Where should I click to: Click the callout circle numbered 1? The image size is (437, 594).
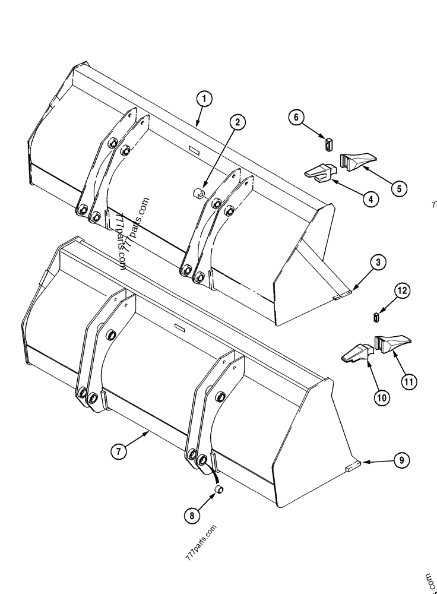pyautogui.click(x=203, y=99)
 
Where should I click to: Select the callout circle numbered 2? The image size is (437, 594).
pyautogui.click(x=237, y=122)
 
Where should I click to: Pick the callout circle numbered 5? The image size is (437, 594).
pyautogui.click(x=398, y=188)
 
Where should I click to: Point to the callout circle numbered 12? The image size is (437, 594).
pyautogui.click(x=403, y=290)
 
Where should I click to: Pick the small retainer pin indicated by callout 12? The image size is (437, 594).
pyautogui.click(x=376, y=316)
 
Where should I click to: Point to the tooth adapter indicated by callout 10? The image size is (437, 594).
pyautogui.click(x=356, y=352)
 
